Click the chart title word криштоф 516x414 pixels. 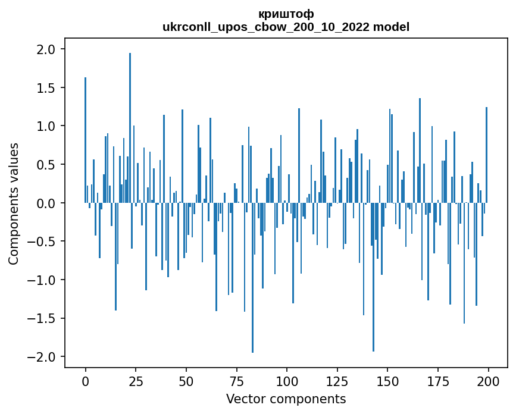point(286,14)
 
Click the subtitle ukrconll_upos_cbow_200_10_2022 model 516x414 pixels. point(286,27)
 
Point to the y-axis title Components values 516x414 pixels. point(14,203)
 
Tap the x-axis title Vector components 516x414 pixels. point(286,399)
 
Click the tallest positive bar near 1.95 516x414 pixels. point(130,119)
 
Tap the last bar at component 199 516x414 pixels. point(486,155)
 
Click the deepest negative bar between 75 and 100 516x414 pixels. point(252,280)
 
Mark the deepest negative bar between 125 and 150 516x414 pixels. point(373,280)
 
